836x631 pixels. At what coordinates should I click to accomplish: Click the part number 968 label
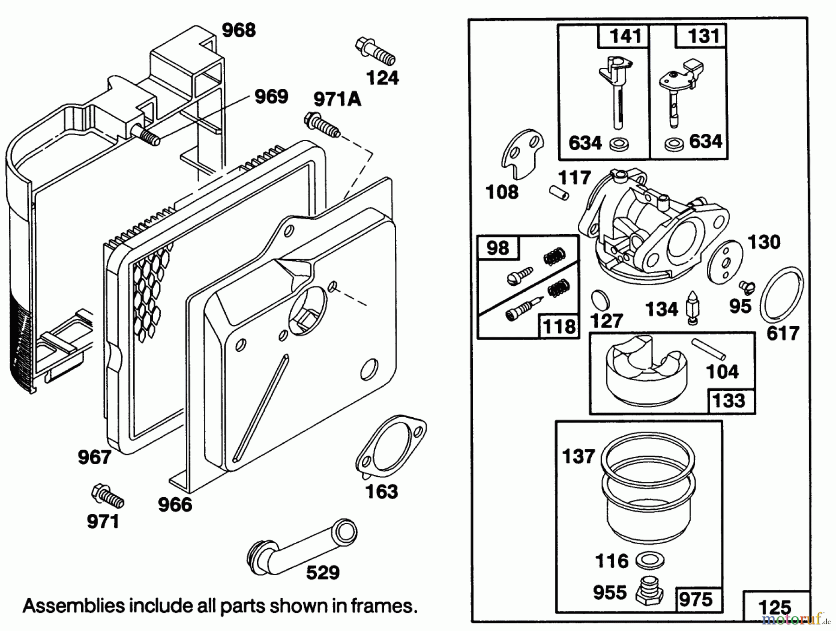tap(239, 31)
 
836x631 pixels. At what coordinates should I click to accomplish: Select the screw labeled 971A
tap(321, 125)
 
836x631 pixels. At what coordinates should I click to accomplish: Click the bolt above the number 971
tap(108, 496)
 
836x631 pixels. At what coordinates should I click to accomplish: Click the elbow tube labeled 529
tap(302, 544)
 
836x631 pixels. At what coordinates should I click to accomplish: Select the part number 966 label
tap(175, 505)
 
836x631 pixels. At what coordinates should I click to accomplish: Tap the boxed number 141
tap(625, 36)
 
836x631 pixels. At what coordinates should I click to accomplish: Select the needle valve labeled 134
tap(692, 308)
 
